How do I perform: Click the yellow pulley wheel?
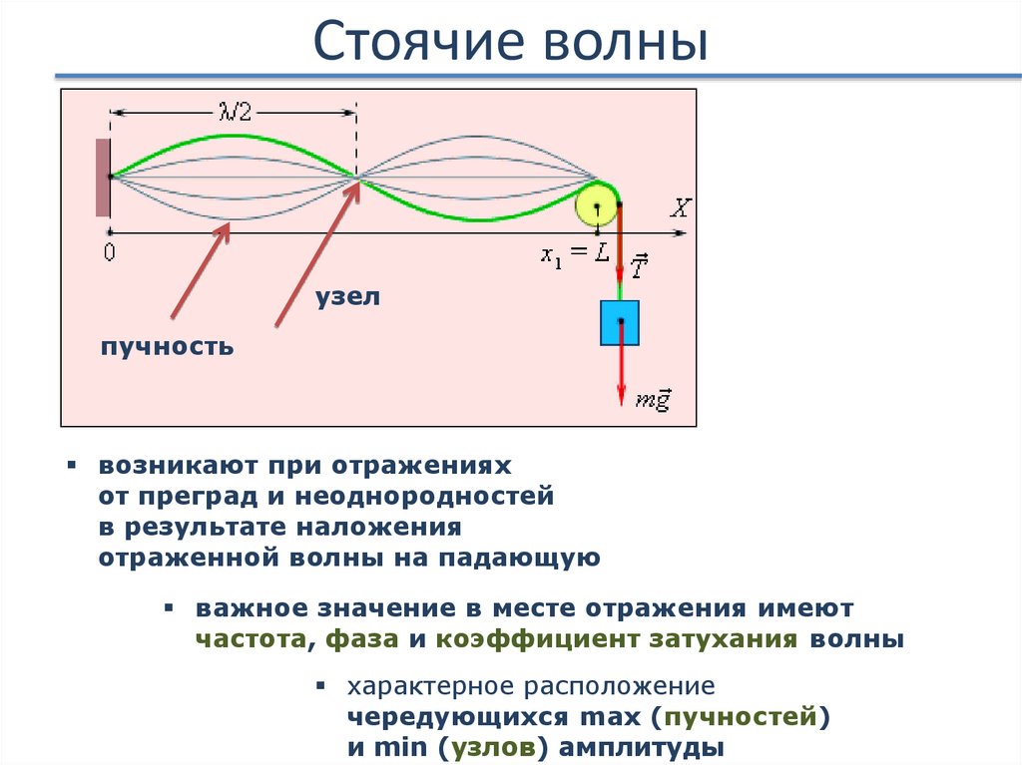pyautogui.click(x=596, y=206)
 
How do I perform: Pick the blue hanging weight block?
pyautogui.click(x=619, y=322)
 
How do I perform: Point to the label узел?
pyautogui.click(x=348, y=297)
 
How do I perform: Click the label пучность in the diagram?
pyautogui.click(x=167, y=347)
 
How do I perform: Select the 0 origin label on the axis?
pyautogui.click(x=109, y=253)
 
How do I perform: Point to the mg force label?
pyautogui.click(x=654, y=399)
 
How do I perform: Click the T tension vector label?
pyautogui.click(x=639, y=266)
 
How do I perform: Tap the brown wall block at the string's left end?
pyautogui.click(x=102, y=178)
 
